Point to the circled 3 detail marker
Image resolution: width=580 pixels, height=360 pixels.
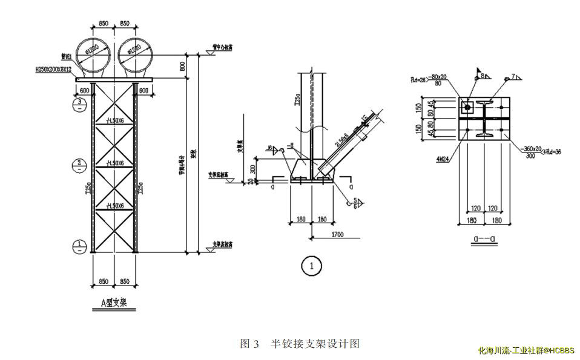(80, 104)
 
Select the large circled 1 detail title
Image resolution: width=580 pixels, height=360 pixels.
(311, 265)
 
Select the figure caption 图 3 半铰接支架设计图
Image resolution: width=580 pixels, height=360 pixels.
(300, 344)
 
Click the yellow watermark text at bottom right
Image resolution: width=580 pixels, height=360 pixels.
(526, 350)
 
